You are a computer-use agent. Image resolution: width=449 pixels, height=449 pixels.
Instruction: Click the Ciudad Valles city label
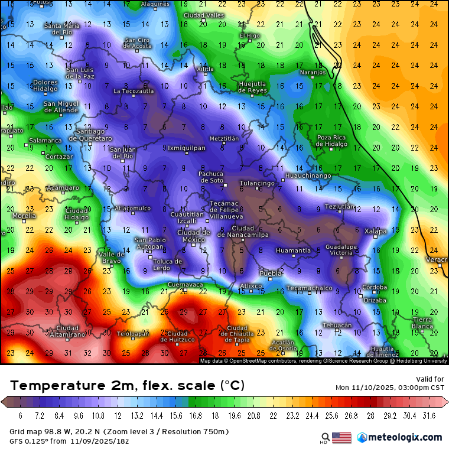203,15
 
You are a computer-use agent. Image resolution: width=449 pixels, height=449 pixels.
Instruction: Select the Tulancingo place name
257,183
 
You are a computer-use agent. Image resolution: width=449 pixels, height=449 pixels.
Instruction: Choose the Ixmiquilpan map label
187,148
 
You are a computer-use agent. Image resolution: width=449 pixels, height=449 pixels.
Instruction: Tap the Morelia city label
24,216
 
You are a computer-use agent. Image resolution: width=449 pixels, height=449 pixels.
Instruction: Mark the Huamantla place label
293,250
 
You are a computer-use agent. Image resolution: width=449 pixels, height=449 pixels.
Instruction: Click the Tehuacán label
337,325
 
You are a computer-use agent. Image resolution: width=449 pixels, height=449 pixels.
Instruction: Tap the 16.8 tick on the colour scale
195,416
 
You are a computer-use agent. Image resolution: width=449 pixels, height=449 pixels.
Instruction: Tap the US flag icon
341,438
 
